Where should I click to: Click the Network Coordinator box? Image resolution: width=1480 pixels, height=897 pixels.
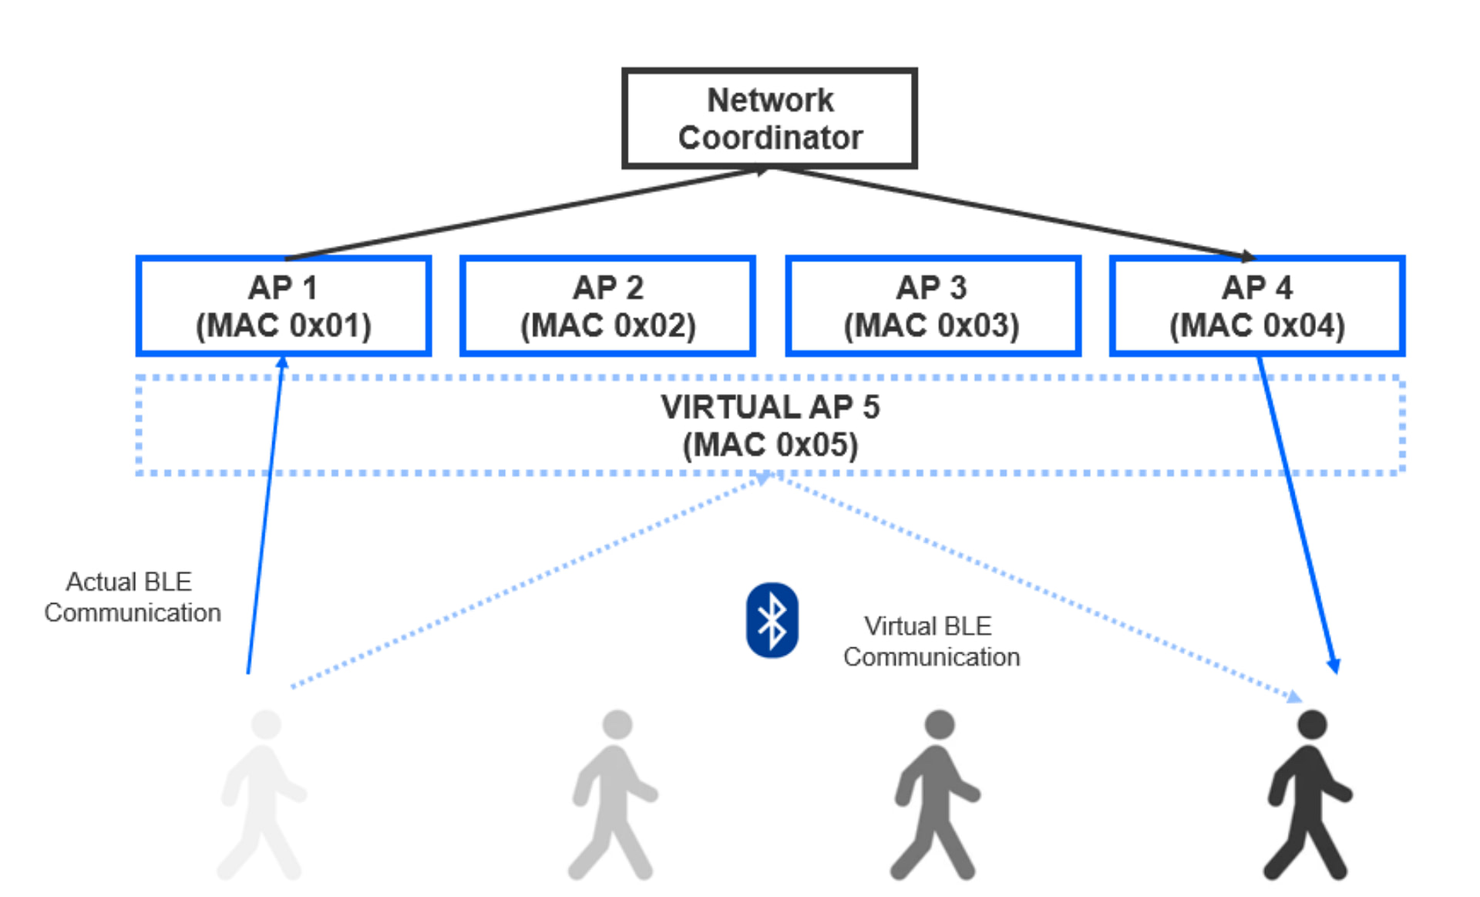click(x=769, y=118)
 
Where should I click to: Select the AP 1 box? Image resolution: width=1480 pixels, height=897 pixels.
click(x=283, y=306)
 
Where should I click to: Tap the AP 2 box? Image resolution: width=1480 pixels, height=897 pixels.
click(x=607, y=306)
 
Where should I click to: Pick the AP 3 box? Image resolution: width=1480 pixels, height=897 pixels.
click(x=932, y=306)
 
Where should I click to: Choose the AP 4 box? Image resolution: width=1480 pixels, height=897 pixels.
click(x=1256, y=306)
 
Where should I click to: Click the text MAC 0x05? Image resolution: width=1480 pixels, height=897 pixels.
click(x=770, y=445)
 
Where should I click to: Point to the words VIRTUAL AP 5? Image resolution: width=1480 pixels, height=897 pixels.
click(x=770, y=407)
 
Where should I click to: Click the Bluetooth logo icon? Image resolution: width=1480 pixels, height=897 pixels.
click(x=772, y=620)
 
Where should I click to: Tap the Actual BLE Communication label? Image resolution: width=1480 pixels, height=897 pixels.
click(x=132, y=597)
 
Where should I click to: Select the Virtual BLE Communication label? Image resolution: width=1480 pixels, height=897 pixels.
click(x=930, y=641)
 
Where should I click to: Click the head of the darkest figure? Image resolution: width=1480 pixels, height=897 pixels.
click(x=1311, y=725)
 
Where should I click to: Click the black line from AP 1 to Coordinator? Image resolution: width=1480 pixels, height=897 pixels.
click(x=524, y=214)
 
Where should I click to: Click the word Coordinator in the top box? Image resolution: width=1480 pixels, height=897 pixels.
click(x=770, y=138)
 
